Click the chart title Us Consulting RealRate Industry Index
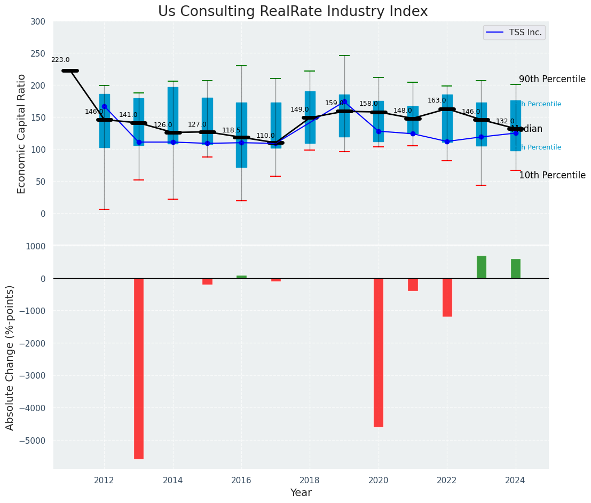[x=293, y=12]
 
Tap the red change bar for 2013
[x=139, y=368]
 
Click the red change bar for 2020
[x=379, y=352]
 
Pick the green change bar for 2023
[x=482, y=267]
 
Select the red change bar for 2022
[x=447, y=297]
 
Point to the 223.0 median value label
[x=60, y=60]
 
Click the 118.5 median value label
[x=231, y=130]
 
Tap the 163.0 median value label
[x=437, y=100]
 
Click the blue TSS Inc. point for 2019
[x=344, y=101]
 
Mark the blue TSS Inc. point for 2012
[x=104, y=106]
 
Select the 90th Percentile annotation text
[x=552, y=80]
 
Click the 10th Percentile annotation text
[x=552, y=175]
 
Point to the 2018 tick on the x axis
[x=310, y=480]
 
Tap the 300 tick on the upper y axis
[x=42, y=22]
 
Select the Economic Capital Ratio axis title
[x=22, y=133]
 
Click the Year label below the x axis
[x=301, y=493]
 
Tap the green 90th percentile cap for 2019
[x=344, y=56]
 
